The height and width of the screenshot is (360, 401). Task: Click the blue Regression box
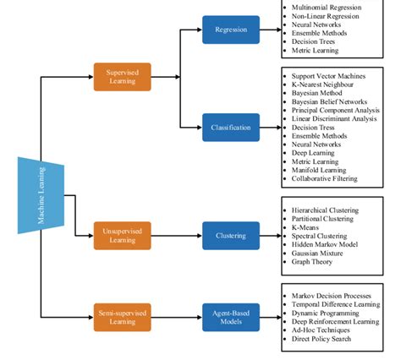231,30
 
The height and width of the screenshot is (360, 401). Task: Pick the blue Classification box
231,127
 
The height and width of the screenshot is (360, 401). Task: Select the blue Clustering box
231,235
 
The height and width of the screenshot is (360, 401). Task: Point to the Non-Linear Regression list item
327,16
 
